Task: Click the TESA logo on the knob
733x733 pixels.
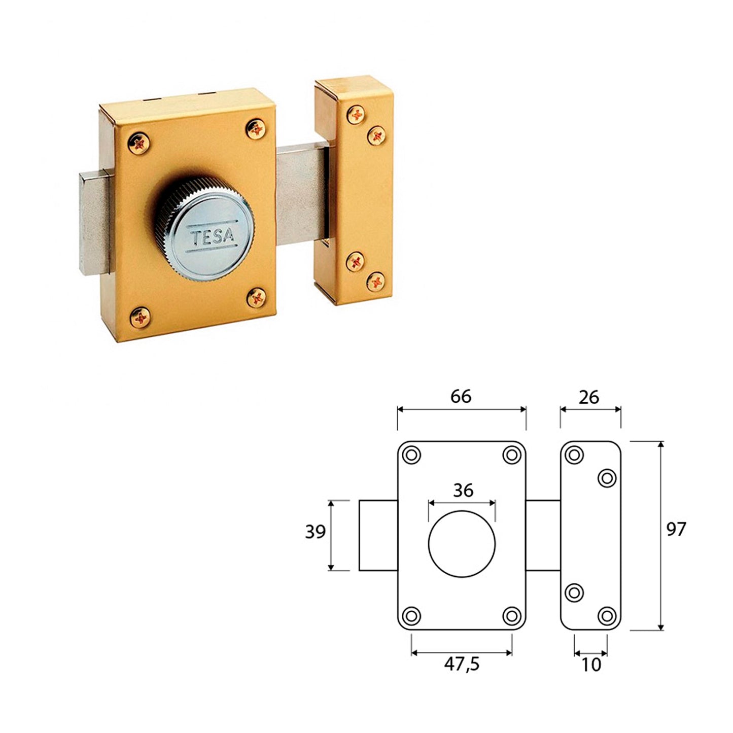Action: (x=213, y=236)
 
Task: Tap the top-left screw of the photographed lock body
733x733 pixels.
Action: (x=139, y=143)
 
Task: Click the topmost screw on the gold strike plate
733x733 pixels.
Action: (x=356, y=115)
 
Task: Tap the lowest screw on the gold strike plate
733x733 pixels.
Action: (x=376, y=282)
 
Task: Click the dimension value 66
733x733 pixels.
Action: (x=461, y=397)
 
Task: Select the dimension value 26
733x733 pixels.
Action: (x=589, y=398)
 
